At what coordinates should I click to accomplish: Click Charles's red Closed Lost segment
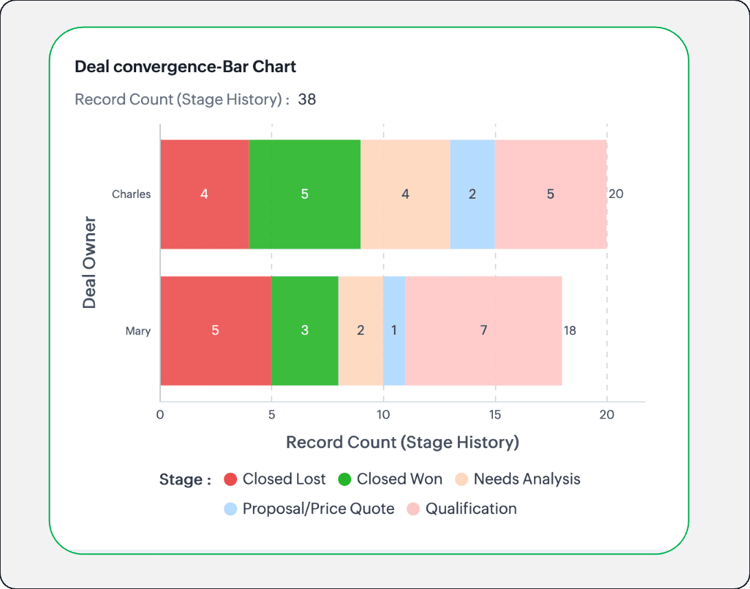tap(204, 194)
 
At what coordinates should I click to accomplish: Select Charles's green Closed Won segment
tap(305, 194)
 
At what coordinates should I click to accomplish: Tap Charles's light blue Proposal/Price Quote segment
tap(472, 194)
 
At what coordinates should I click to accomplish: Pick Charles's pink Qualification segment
tap(550, 194)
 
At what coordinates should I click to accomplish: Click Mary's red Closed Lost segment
tap(215, 331)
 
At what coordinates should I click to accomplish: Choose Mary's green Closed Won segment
tap(305, 331)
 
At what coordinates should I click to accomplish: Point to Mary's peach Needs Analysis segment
tap(360, 331)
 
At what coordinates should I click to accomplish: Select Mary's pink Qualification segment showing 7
tap(483, 331)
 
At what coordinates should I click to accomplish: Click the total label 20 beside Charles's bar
tap(616, 194)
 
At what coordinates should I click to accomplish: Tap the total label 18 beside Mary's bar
tap(570, 331)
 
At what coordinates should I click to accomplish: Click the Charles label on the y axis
tap(131, 194)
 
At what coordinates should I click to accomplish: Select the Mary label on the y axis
tap(137, 331)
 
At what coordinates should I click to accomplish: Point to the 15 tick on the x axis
tap(495, 414)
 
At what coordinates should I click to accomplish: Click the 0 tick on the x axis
tap(160, 414)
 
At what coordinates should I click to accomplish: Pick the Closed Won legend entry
tap(390, 479)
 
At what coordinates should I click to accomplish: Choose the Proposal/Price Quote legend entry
tap(309, 509)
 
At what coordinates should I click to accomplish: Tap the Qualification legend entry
tap(462, 509)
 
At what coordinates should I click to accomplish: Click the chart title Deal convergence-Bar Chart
tap(186, 67)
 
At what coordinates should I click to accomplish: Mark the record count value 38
tap(307, 99)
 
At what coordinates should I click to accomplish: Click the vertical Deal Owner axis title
tap(89, 263)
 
